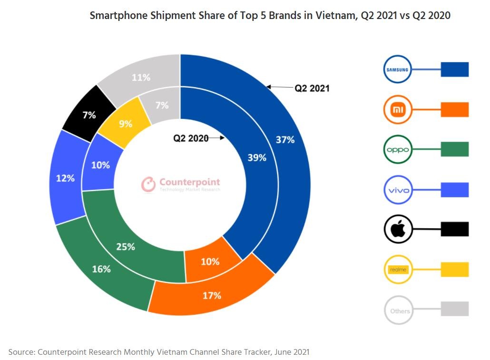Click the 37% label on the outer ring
285,140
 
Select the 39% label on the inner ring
257,158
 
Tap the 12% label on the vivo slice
65,178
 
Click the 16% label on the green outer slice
101,269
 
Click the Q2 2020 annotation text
190,138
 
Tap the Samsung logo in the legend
397,70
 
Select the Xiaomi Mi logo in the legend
397,110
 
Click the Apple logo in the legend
397,229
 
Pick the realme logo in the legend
397,270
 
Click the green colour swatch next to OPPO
454,149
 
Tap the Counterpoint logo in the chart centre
181,185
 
